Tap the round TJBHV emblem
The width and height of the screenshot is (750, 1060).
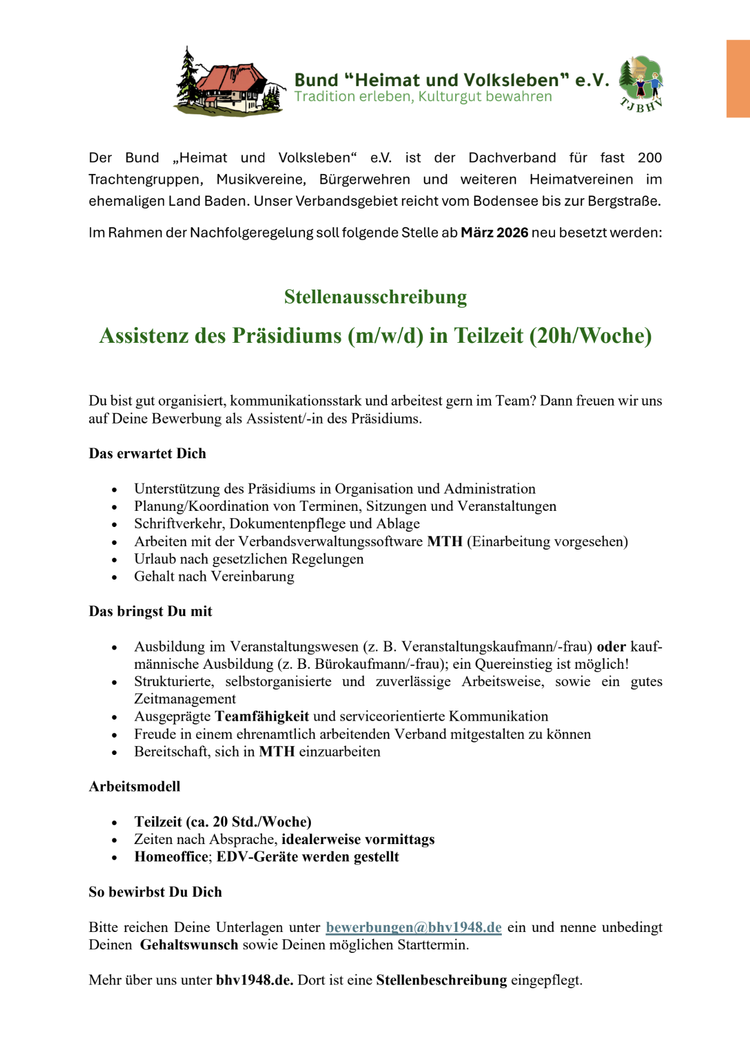coord(641,84)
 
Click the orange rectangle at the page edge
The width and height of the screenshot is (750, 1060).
coord(738,78)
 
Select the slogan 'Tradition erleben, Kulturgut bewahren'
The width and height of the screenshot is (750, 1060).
coord(423,97)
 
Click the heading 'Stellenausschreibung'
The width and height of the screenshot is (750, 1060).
coord(375,297)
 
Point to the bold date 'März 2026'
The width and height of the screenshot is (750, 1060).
coord(494,233)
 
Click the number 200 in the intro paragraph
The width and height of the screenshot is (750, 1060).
coord(650,158)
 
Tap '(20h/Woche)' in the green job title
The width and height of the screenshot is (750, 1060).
coord(590,336)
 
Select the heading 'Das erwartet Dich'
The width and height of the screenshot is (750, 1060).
coord(147,453)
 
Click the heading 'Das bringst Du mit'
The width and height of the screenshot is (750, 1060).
coord(150,611)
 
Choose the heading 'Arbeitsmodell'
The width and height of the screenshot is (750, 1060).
coord(135,787)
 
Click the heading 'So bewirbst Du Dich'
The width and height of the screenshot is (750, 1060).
coord(155,892)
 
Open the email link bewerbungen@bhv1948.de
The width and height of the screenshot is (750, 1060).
coord(413,927)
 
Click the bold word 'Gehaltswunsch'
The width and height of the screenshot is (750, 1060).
coord(189,945)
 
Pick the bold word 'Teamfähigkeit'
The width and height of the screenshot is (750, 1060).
coord(262,717)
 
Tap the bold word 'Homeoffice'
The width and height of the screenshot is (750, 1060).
coord(170,857)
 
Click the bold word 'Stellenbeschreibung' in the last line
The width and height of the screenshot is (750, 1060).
coord(441,980)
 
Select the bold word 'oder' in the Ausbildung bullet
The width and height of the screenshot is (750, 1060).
coord(611,647)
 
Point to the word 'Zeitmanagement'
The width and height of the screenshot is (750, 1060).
coord(185,699)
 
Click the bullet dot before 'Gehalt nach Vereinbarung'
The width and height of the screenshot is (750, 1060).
coord(114,578)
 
